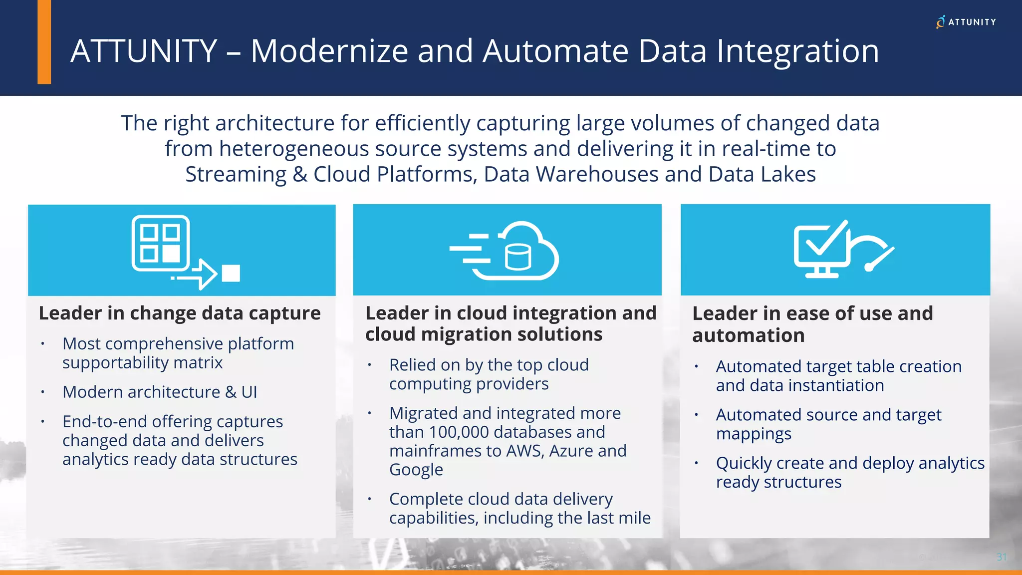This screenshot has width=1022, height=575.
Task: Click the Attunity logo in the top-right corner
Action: point(966,22)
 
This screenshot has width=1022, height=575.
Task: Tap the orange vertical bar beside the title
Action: point(44,42)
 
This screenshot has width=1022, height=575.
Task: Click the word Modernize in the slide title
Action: point(329,51)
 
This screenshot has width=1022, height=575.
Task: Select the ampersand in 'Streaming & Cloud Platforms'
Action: point(300,174)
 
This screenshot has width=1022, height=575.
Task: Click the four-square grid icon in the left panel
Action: point(160,243)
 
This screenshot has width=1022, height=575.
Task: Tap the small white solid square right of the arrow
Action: point(231,273)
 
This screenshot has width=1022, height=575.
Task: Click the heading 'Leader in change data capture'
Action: point(180,313)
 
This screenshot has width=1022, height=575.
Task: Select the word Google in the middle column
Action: point(416,470)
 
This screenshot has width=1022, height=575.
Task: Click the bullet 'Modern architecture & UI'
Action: point(160,392)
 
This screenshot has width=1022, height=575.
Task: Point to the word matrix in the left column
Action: point(200,363)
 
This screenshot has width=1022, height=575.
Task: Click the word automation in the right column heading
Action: point(748,336)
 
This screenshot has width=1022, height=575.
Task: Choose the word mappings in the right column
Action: point(754,434)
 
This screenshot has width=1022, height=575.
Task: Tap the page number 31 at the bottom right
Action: point(1001,557)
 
